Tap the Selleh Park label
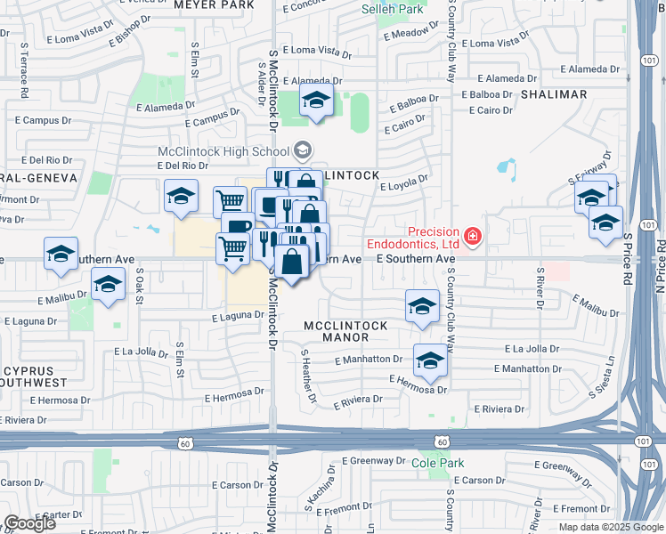[x=392, y=9]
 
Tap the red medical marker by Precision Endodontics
[x=471, y=237]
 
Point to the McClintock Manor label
[x=346, y=331]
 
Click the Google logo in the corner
[x=29, y=523]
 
